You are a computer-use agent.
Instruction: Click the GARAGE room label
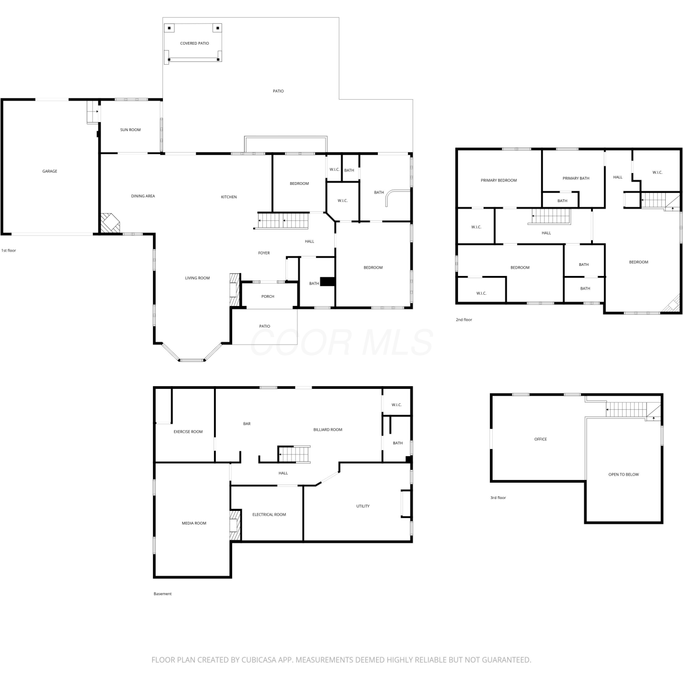pyautogui.click(x=50, y=171)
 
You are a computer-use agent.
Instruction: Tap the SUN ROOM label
pyautogui.click(x=130, y=130)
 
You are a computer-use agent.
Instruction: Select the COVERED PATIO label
pyautogui.click(x=194, y=43)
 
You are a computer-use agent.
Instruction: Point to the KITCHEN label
pyautogui.click(x=229, y=197)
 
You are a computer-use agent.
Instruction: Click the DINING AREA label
pyautogui.click(x=143, y=196)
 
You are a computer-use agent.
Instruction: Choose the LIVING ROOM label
pyautogui.click(x=197, y=278)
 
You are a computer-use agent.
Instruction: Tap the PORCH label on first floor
pyautogui.click(x=268, y=296)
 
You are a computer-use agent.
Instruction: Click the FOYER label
pyautogui.click(x=264, y=253)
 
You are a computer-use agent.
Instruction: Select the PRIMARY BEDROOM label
pyautogui.click(x=499, y=180)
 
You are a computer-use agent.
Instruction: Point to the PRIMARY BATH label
pyautogui.click(x=576, y=178)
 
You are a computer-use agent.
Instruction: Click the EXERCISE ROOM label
pyautogui.click(x=188, y=432)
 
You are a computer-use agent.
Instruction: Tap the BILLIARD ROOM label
pyautogui.click(x=328, y=430)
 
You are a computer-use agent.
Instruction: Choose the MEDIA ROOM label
pyautogui.click(x=194, y=523)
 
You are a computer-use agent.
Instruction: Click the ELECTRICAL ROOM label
pyautogui.click(x=269, y=515)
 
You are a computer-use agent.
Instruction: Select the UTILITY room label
pyautogui.click(x=363, y=506)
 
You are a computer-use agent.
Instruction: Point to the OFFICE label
pyautogui.click(x=540, y=439)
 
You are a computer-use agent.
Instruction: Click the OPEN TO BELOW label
pyautogui.click(x=623, y=474)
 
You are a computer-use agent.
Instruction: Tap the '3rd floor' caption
pyautogui.click(x=498, y=498)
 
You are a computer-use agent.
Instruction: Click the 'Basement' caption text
pyautogui.click(x=163, y=594)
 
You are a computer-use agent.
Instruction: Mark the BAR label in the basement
pyautogui.click(x=247, y=424)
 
